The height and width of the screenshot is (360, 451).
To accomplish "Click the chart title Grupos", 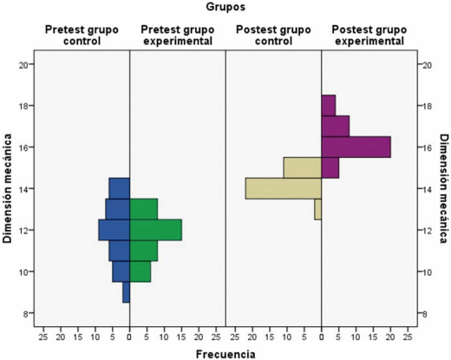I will (x=225, y=7).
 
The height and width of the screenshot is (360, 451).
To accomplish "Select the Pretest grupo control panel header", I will (x=82, y=35).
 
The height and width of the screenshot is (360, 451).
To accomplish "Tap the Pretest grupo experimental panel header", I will (x=177, y=35).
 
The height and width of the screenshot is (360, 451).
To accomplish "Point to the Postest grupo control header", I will (x=272, y=35).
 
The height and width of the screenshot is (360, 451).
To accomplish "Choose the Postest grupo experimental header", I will (x=369, y=35).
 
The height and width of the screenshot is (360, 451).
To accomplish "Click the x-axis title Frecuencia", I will (x=225, y=353).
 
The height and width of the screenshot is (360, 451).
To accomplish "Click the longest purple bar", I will (x=356, y=147).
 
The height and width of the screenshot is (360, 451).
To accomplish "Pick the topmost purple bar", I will (x=328, y=105).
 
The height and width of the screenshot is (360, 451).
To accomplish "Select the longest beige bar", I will (x=283, y=188).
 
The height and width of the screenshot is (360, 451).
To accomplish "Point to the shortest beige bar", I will (x=317, y=209).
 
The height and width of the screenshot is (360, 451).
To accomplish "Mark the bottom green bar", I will (x=141, y=272).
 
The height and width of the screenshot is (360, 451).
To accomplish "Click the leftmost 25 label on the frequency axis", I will (x=43, y=334).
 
